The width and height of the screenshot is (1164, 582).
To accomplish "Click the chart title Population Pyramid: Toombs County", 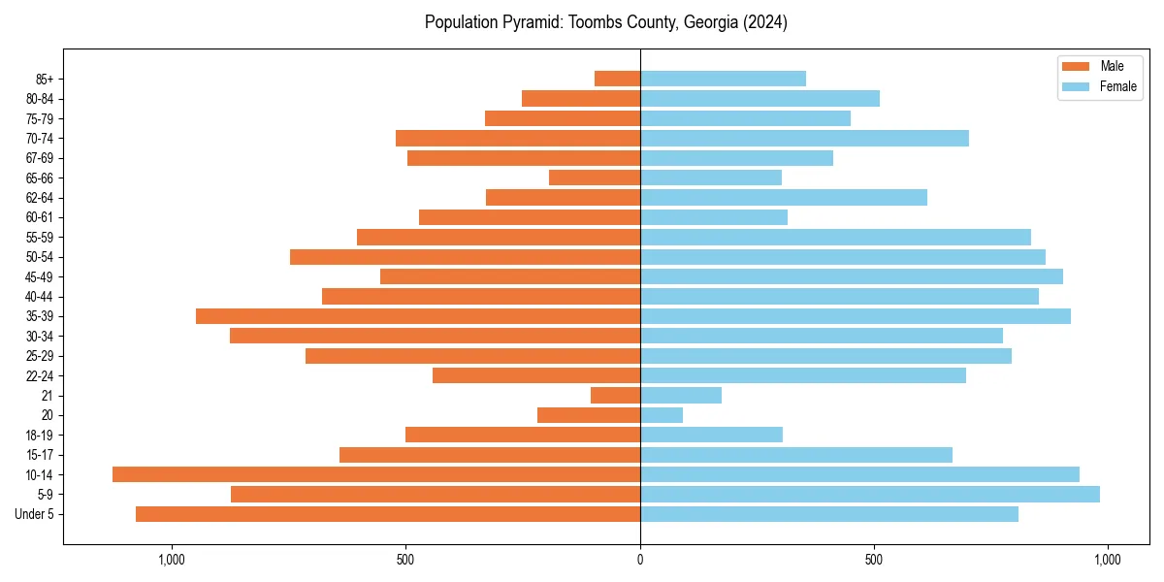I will (x=605, y=22).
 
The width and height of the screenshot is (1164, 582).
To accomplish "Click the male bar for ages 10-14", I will (x=376, y=474).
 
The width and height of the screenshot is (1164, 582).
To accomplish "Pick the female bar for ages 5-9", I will (x=870, y=494).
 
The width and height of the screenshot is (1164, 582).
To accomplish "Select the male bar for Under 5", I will (x=388, y=514).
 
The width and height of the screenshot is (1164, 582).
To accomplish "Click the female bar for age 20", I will (x=662, y=415).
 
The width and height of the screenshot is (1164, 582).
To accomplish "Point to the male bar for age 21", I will (x=615, y=395).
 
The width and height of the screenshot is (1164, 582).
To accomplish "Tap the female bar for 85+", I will (x=723, y=79).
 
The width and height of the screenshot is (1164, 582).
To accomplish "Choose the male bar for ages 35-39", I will (x=418, y=316).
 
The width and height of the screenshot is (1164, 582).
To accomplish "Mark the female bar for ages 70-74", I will (x=804, y=138).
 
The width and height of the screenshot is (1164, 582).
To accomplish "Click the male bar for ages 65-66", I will (x=595, y=178).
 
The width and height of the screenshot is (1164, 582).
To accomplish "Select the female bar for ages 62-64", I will (x=784, y=198).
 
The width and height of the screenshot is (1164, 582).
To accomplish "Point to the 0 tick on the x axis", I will (x=640, y=560).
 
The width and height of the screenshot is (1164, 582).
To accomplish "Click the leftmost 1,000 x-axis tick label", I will (x=171, y=560).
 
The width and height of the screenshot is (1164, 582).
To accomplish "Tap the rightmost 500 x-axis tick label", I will (x=874, y=560).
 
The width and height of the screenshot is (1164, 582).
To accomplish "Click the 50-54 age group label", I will (x=40, y=257).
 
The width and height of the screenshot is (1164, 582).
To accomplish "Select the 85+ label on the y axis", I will (x=45, y=79).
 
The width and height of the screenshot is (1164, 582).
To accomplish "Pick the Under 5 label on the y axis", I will (x=34, y=514).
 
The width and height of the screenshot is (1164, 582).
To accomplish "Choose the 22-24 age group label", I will (x=40, y=375).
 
